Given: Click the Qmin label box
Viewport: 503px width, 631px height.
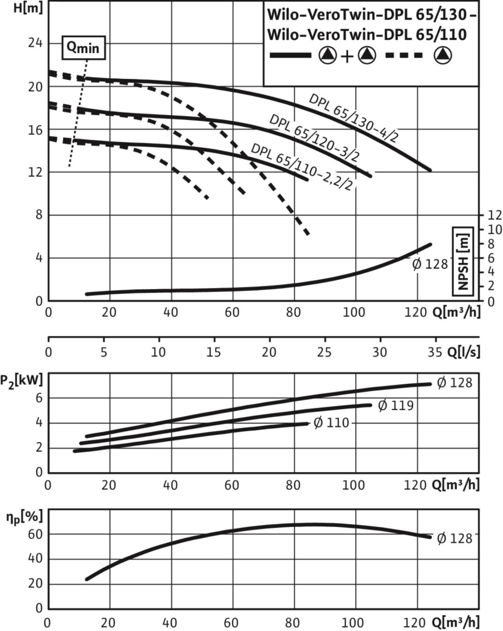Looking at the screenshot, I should (84, 49).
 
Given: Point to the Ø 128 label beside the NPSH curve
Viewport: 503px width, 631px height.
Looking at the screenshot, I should (429, 264).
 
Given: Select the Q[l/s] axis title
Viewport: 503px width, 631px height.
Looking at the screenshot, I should (463, 352).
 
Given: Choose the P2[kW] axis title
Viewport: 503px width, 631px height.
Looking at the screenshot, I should (22, 381).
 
